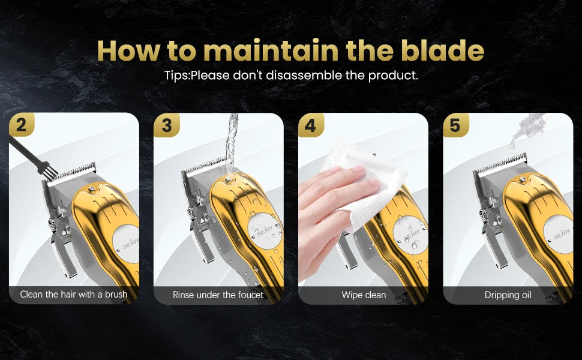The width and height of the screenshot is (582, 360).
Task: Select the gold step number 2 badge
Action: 22,125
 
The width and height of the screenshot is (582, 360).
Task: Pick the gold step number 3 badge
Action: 167,125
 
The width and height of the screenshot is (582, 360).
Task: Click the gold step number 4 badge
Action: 311,125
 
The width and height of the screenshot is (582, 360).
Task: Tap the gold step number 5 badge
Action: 456,125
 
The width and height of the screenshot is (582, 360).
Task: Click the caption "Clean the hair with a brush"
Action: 73,295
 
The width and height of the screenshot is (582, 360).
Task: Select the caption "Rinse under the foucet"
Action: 218,295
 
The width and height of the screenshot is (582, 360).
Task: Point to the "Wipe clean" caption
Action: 364,295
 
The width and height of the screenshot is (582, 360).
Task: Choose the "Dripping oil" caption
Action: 508,295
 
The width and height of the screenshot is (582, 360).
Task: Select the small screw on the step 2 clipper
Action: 90,190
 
